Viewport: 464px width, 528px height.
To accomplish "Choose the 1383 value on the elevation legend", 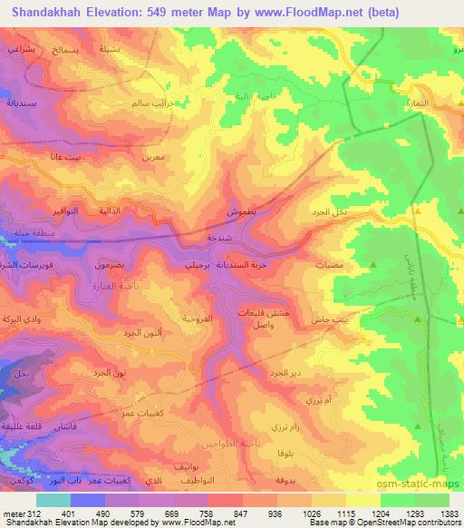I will point(448,513).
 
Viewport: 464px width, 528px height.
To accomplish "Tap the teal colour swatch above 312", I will point(53,500).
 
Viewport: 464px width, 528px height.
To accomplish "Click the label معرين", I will point(153,156).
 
